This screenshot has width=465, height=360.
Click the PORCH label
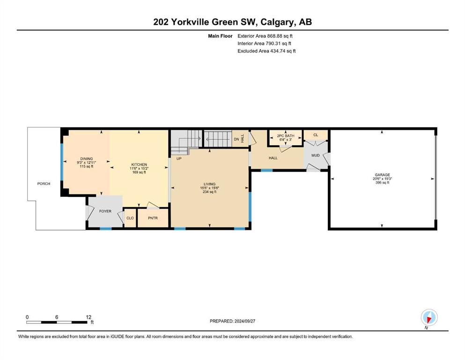coord(44,184)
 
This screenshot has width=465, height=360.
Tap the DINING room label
coord(87,159)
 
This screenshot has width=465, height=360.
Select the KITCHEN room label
coord(139,165)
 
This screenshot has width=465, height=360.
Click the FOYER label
coord(105,211)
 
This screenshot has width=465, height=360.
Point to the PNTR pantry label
coord(153,218)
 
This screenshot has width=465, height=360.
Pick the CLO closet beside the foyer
coord(130,218)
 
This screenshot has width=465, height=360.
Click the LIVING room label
coord(209,184)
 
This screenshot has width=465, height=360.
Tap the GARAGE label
coord(382,175)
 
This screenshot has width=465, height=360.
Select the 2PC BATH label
coord(286,135)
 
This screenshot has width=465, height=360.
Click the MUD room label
coord(315,155)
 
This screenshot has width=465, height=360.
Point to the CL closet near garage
coord(316,135)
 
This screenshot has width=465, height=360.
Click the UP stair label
coord(179,158)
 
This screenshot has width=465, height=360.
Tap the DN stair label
coord(236,139)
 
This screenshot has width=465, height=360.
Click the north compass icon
coord(429,317)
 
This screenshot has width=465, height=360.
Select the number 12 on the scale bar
coord(89,317)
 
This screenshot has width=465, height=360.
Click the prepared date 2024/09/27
coord(244,321)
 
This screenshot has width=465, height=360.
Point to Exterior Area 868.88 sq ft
coord(265,36)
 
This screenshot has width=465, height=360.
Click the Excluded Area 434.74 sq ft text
coord(266,51)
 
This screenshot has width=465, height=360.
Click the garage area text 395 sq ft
coord(382,182)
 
